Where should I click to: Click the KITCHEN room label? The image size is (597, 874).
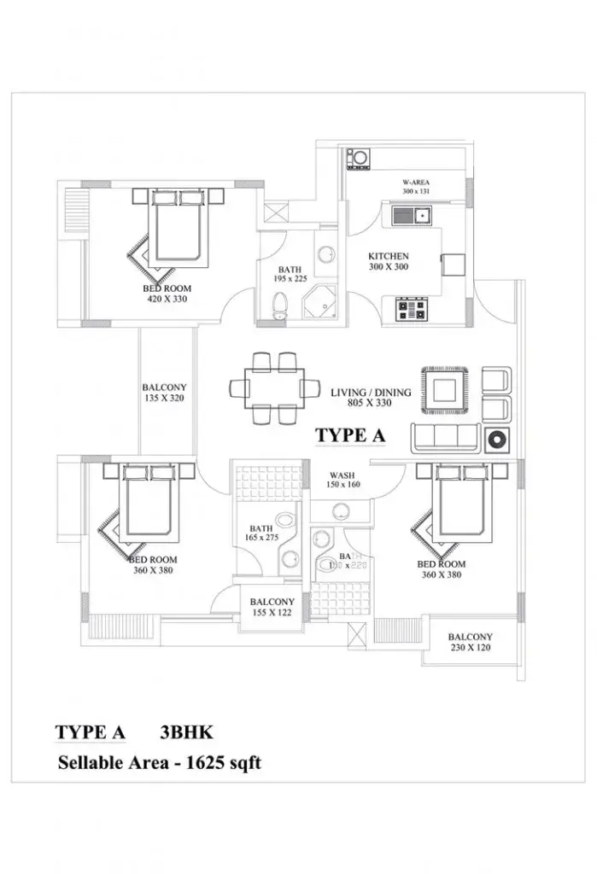pos(388,256)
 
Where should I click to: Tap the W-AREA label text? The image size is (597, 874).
pos(418,183)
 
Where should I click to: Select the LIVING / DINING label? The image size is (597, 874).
pos(371,393)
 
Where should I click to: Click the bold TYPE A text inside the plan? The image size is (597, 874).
pos(350,434)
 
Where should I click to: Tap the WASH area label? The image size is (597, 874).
pos(343,475)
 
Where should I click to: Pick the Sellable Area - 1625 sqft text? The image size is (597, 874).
pos(159,762)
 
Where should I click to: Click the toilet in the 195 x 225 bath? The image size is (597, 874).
pos(278,306)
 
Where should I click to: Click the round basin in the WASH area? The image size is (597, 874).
pos(342,510)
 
